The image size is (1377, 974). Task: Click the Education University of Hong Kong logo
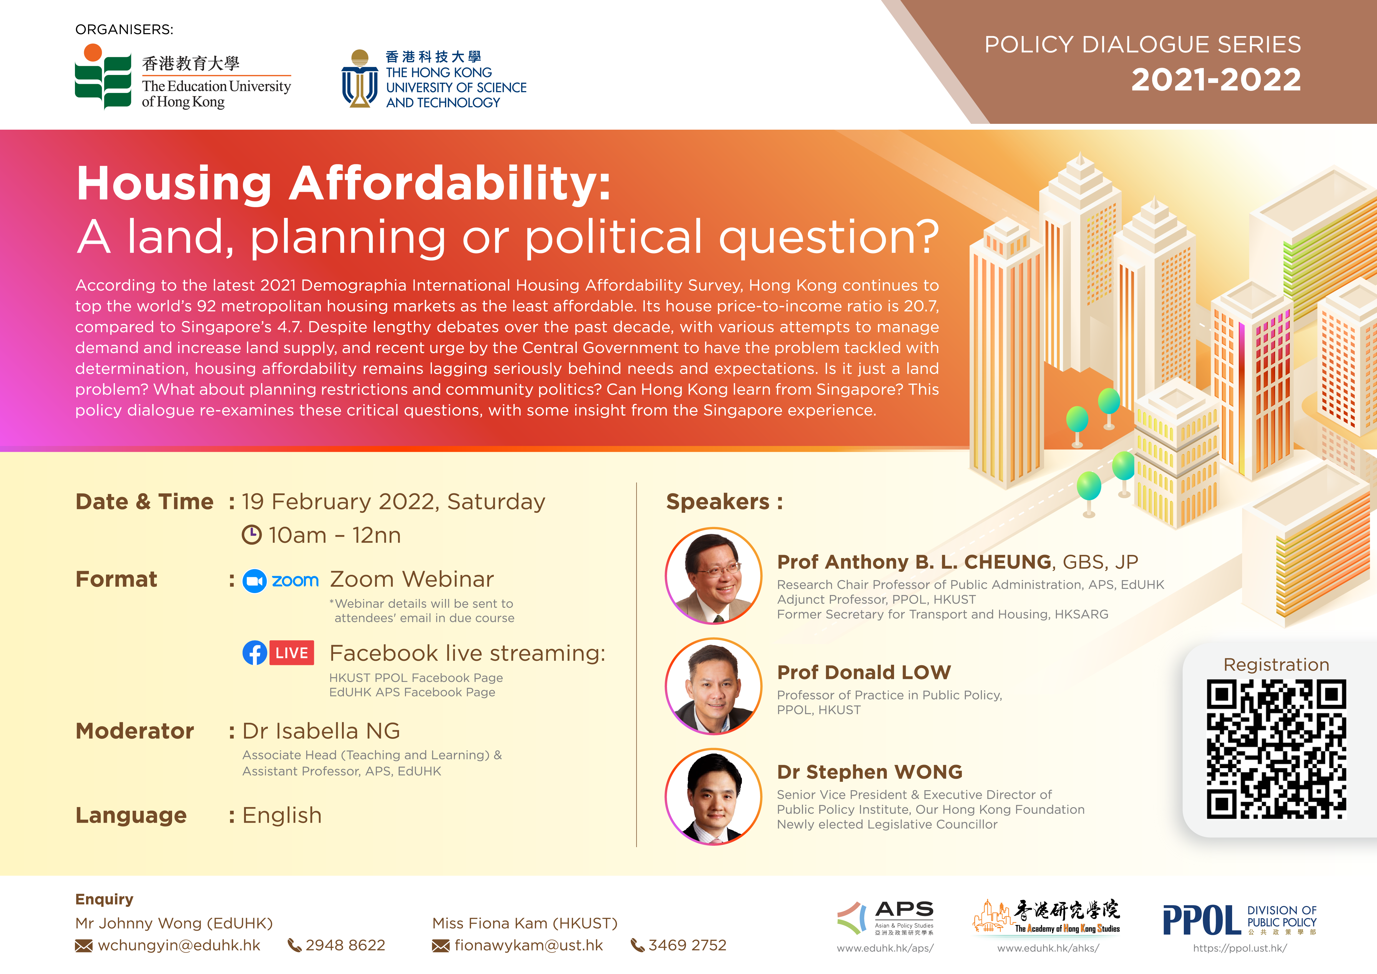coord(183,77)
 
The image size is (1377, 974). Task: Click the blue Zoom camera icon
coord(254,581)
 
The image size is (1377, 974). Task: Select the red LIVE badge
coord(292,653)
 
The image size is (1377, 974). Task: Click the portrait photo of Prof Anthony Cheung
coord(714,576)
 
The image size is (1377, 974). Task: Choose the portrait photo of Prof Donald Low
coord(714,686)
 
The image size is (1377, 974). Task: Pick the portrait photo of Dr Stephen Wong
coord(714,797)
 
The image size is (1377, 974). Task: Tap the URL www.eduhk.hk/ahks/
coord(1048,948)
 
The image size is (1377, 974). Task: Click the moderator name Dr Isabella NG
coord(321,731)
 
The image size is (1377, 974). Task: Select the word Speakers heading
coord(718,501)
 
